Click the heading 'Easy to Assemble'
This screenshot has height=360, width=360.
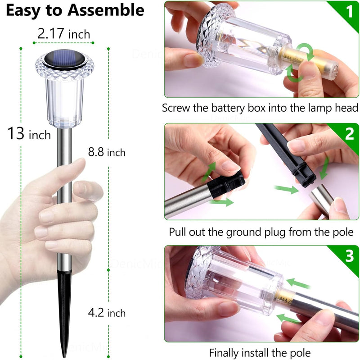click(x=75, y=10)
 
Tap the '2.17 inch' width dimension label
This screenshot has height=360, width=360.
click(x=63, y=33)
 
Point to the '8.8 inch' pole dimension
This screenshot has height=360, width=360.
click(x=107, y=152)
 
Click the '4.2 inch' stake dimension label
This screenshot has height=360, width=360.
click(x=107, y=312)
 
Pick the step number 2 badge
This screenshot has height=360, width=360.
click(x=349, y=134)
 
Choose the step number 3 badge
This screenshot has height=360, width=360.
click(x=349, y=256)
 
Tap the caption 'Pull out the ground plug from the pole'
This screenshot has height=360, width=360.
click(x=261, y=232)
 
